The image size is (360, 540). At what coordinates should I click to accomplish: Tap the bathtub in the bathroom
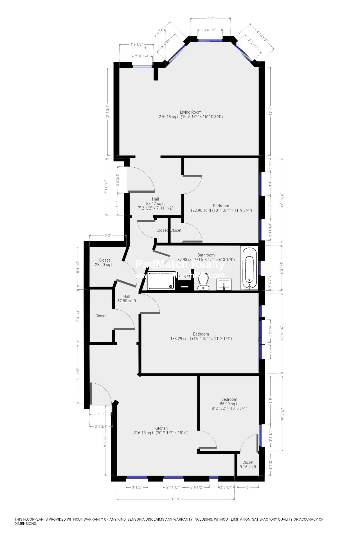pyautogui.click(x=249, y=267)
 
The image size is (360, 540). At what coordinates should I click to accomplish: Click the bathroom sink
pyautogui.click(x=224, y=284)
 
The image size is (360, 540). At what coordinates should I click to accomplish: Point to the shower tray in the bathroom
pyautogui.click(x=161, y=280)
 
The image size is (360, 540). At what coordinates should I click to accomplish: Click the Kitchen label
pyautogui.click(x=161, y=428)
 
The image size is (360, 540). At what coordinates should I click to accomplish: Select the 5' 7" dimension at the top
pyautogui.click(x=211, y=18)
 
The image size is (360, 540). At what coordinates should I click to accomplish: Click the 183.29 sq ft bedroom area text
pyautogui.click(x=201, y=339)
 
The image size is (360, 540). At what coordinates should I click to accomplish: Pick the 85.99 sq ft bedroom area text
pyautogui.click(x=229, y=404)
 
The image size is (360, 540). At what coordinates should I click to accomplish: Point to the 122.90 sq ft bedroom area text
pyautogui.click(x=221, y=210)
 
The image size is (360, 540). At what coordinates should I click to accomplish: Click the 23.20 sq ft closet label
pyautogui.click(x=104, y=265)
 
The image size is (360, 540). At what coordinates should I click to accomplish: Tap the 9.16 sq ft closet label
pyautogui.click(x=248, y=467)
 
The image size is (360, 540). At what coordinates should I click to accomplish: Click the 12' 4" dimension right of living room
pyautogui.click(x=271, y=111)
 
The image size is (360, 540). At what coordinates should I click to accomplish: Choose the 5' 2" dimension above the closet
pyautogui.click(x=108, y=235)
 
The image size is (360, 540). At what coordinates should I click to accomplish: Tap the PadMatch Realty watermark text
pyautogui.click(x=180, y=264)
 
